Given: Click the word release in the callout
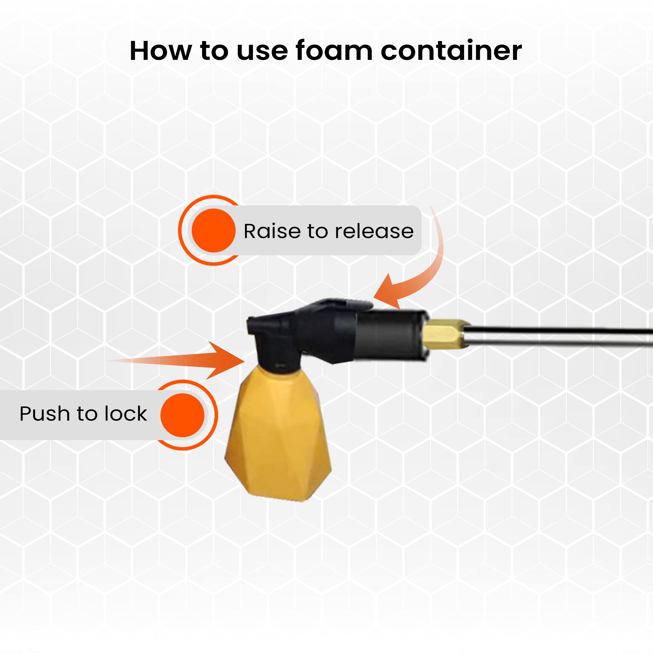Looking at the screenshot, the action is click(374, 231).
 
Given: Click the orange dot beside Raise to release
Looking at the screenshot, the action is click(214, 230).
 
